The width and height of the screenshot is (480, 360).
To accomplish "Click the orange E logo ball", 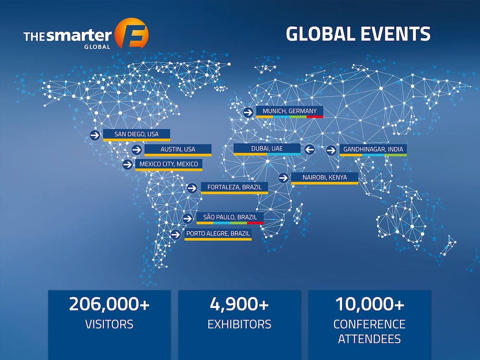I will [132, 34].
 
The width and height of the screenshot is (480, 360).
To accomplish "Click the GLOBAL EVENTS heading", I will [358, 34].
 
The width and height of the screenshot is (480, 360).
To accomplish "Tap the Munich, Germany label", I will [289, 111].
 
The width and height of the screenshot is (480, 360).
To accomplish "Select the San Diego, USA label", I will [137, 134].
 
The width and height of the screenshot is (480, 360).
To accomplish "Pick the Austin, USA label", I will [178, 149].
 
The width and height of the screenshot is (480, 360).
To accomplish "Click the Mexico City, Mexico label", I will [168, 164].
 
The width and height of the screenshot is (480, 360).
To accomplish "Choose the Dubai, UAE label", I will [267, 149].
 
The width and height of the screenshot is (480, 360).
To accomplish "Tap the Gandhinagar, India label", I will [373, 149].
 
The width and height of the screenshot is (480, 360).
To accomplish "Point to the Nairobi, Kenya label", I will [324, 178].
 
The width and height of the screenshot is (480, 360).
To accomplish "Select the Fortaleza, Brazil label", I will [234, 187].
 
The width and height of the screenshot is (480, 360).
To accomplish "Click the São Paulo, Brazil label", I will [230, 217].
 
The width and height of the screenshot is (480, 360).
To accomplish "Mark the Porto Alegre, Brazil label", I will [218, 234].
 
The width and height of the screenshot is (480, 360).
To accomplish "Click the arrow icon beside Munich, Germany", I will [248, 112].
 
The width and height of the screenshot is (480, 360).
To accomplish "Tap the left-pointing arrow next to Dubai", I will [309, 150].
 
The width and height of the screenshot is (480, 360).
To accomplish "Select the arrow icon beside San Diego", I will [95, 135].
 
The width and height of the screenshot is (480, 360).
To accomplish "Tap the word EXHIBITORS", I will [239, 324].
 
